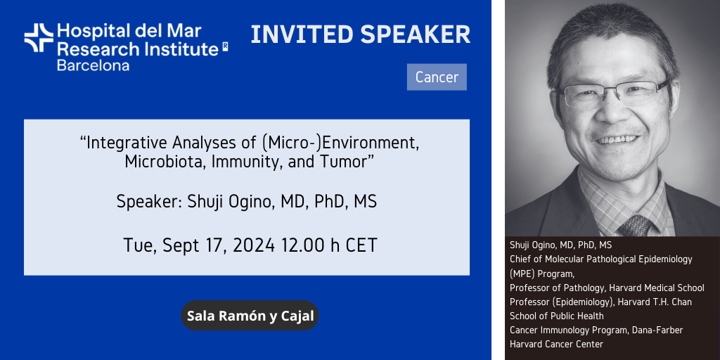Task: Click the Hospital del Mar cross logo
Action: pos(39,38)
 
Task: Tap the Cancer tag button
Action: pos(437,77)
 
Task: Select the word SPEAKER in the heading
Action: pos(416,34)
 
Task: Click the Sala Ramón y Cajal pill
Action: pos(250,316)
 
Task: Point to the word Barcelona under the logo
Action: pos(93,65)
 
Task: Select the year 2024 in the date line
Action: pos(253,245)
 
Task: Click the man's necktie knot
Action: pos(634,226)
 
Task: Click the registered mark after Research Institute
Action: pos(225,46)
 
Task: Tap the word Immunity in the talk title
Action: pos(246,162)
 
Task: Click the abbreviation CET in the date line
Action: pos(361,245)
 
